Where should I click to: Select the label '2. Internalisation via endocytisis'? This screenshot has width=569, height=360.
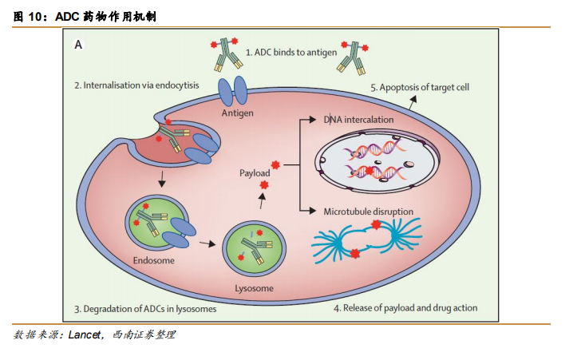pyautogui.click(x=136, y=84)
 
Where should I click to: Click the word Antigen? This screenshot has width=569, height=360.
pyautogui.click(x=237, y=113)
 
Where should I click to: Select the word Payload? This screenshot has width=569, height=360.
pyautogui.click(x=255, y=172)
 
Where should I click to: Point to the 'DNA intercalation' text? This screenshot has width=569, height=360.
pyautogui.click(x=358, y=120)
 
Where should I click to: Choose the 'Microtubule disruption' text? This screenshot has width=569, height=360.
pyautogui.click(x=368, y=212)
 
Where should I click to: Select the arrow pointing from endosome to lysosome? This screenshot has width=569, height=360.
pyautogui.click(x=207, y=244)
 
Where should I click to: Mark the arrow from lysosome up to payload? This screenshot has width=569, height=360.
pyautogui.click(x=262, y=203)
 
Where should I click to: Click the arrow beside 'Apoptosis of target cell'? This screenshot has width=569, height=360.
pyautogui.click(x=413, y=101)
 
